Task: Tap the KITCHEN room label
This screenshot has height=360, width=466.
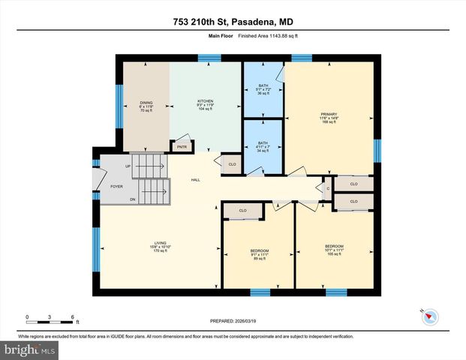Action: (x=206, y=104)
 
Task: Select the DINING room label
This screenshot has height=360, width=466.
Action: (x=146, y=105)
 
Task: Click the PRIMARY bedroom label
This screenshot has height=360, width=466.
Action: (x=329, y=118)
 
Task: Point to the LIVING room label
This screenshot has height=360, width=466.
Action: (x=161, y=246)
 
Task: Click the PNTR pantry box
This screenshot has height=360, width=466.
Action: (x=182, y=147)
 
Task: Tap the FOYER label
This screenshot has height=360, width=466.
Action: (x=116, y=186)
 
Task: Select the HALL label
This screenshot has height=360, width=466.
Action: (x=195, y=180)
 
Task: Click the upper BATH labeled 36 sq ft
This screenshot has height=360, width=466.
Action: (x=263, y=89)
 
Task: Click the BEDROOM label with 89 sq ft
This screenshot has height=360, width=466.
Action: (x=259, y=253)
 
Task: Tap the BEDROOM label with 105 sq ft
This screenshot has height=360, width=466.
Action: (x=334, y=250)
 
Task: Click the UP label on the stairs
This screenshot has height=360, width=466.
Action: (x=128, y=166)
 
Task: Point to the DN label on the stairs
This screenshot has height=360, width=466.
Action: (x=133, y=199)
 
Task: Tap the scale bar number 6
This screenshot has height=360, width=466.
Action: (x=72, y=316)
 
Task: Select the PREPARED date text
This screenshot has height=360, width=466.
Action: (x=232, y=321)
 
